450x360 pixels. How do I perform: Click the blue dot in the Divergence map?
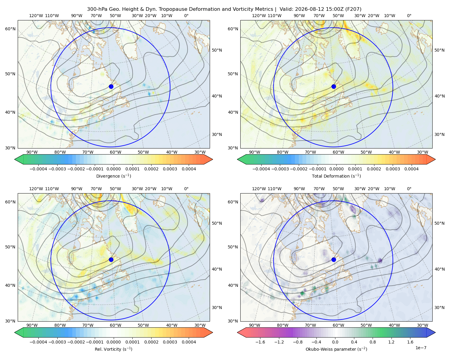[111, 87]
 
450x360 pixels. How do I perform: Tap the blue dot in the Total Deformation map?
[334, 87]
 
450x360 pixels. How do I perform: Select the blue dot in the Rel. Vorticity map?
[111, 259]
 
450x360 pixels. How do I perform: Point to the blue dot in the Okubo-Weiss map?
[334, 259]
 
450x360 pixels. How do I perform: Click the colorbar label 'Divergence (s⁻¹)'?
[113, 176]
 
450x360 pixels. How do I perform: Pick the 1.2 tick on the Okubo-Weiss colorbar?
[391, 342]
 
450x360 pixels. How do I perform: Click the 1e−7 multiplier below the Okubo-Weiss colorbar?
[421, 348]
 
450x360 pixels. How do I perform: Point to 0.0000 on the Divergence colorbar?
[113, 169]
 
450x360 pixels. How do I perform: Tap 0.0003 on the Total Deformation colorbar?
[393, 169]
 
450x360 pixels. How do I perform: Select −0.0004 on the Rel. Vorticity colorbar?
[38, 342]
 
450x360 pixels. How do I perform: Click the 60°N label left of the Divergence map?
[10, 29]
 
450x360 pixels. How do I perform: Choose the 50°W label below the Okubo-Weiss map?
[366, 325]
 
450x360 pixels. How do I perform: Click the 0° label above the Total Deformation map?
[409, 16]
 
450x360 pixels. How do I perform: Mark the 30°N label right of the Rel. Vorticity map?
[217, 307]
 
